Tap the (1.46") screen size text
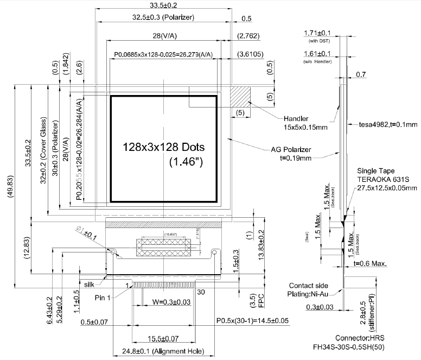tap(186, 161)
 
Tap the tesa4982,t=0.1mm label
tap(388, 124)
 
